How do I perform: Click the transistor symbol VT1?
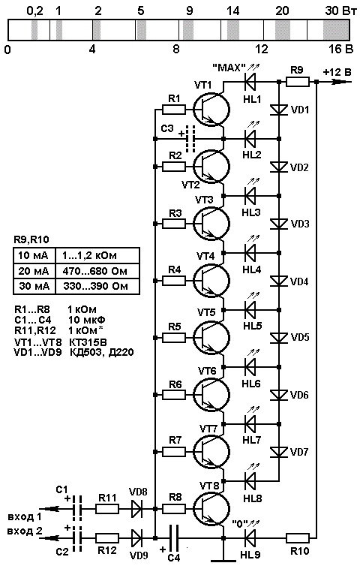point(211,110)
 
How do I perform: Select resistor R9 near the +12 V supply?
point(298,82)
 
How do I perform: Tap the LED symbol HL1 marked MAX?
point(250,82)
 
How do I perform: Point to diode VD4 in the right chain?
point(279,281)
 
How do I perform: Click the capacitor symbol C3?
point(190,139)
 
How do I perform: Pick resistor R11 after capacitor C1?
point(107,510)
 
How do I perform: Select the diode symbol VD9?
point(137,538)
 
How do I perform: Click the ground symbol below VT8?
point(223,561)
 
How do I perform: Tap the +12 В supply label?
point(337,72)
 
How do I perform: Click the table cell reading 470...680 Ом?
point(95,271)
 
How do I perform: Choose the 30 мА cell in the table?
point(34,287)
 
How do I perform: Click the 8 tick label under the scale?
point(176,49)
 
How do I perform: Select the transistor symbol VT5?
point(211,337)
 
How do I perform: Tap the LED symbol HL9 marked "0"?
point(250,538)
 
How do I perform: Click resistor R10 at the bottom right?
point(298,538)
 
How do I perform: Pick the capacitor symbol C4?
point(173,538)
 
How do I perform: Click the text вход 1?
point(25,516)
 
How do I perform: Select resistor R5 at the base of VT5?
point(173,338)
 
